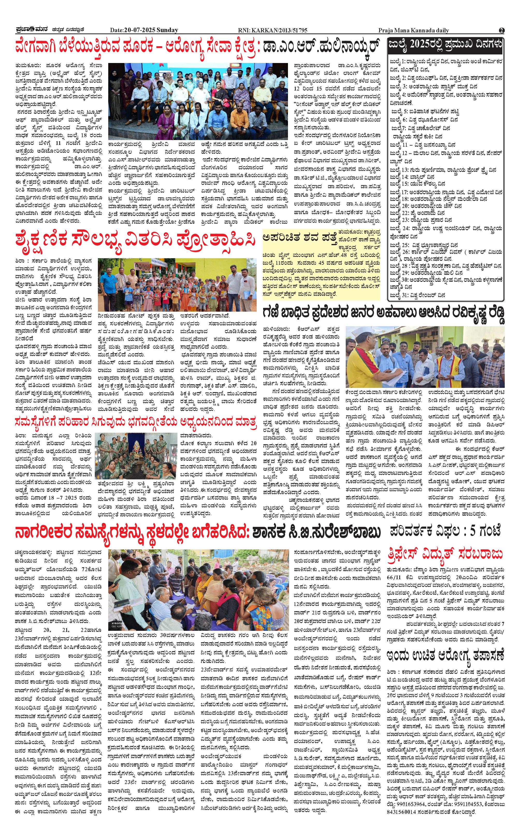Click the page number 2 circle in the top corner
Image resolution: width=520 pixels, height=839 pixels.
pyautogui.click(x=501, y=30)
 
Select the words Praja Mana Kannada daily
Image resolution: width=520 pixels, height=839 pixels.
pyautogui.click(x=413, y=30)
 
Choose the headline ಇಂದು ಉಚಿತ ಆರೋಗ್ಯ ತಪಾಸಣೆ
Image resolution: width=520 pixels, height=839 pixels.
pyautogui.click(x=445, y=654)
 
